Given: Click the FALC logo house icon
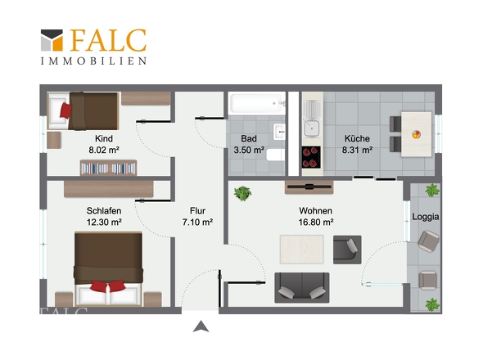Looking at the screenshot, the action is [x=52, y=40].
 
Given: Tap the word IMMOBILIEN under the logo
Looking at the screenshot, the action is [x=93, y=61].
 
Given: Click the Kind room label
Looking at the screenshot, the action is [x=104, y=138].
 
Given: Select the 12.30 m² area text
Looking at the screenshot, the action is [x=104, y=222].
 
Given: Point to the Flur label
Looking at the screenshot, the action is [x=197, y=211].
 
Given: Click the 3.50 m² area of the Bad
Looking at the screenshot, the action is [x=249, y=150].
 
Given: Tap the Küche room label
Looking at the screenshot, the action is [x=357, y=138].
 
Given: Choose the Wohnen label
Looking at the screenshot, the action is [x=316, y=211].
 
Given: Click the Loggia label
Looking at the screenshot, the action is [x=426, y=217].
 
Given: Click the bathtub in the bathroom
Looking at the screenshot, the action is [x=256, y=103].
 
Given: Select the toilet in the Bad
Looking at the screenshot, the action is [x=275, y=155].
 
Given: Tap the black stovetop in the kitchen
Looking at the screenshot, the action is [x=311, y=157].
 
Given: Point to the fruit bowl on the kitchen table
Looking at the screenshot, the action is [x=416, y=134].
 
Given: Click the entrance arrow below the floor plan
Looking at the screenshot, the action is [x=201, y=326].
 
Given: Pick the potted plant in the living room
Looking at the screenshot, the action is [x=243, y=193].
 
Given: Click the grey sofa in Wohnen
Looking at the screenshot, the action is [x=302, y=288].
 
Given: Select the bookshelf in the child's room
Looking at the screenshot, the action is [x=108, y=168].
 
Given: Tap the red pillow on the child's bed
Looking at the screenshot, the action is [x=65, y=110].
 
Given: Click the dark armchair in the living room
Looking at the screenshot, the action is [x=347, y=250].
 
